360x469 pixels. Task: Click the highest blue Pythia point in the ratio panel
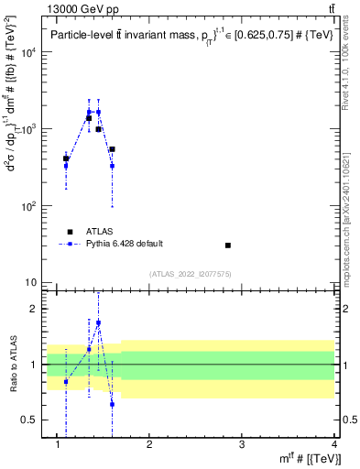tap(98, 322)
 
